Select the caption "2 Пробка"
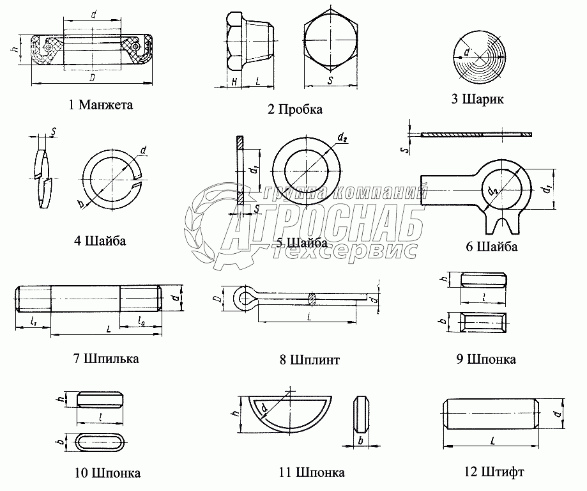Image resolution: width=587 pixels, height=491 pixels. point(295,109)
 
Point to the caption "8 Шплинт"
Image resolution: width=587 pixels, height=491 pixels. point(309,359)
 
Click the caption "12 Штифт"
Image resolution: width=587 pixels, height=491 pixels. point(494,472)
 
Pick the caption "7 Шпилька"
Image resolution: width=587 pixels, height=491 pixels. point(106,358)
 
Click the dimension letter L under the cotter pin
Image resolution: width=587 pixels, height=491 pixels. point(309,317)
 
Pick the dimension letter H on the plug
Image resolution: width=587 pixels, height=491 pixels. point(234,81)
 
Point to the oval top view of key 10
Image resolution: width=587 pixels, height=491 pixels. point(100,442)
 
